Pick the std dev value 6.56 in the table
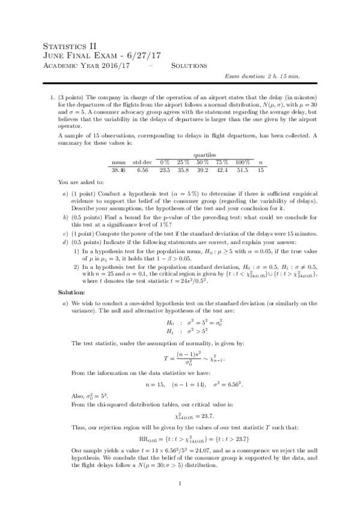click(x=142, y=170)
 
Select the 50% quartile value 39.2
click(x=203, y=170)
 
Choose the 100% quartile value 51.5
click(x=242, y=170)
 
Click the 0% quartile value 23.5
click(x=164, y=170)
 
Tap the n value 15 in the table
click(x=260, y=170)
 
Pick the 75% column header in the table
click(x=222, y=162)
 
